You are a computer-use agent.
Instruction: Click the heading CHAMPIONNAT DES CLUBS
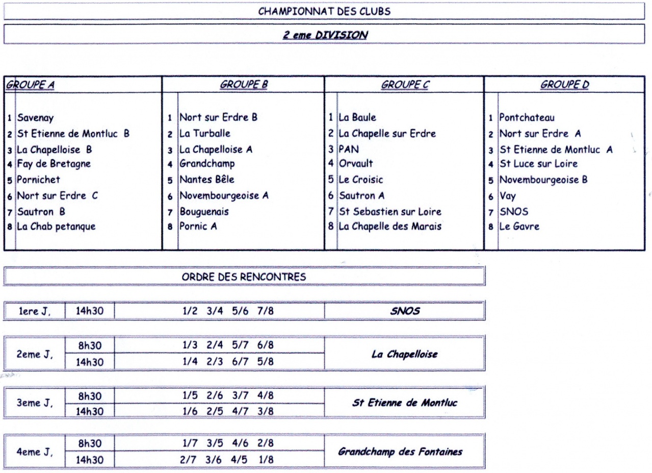[x=325, y=11]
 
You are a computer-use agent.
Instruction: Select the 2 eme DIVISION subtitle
[x=325, y=35]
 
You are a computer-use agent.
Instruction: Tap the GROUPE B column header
[x=244, y=85]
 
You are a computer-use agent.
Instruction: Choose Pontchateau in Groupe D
[x=527, y=118]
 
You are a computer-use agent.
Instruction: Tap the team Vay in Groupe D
[x=507, y=195]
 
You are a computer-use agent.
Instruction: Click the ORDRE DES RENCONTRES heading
[x=244, y=278]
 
